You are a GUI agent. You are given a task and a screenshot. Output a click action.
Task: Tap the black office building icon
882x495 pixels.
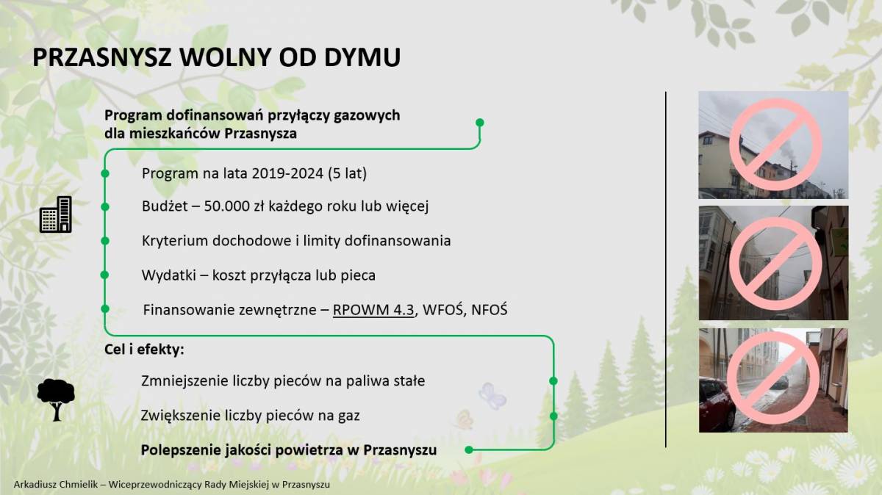56,214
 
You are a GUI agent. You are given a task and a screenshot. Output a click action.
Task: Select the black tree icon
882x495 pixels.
56,400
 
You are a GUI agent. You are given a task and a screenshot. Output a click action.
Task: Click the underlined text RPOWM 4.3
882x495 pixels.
373,310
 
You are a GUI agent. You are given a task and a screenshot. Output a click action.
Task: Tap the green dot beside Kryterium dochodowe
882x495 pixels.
104,241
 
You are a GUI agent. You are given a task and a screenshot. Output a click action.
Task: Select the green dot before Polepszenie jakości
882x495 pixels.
469,449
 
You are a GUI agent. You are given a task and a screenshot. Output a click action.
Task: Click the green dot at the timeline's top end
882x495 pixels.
479,123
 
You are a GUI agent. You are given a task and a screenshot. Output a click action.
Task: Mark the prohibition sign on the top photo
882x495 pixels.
775,145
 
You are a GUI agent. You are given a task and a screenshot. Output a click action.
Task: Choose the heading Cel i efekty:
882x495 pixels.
144,350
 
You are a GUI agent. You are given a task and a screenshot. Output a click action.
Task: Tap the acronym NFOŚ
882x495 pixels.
490,310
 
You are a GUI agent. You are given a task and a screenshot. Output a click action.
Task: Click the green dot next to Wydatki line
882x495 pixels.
104,275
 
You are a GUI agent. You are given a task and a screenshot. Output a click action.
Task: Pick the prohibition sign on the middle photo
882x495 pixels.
775,263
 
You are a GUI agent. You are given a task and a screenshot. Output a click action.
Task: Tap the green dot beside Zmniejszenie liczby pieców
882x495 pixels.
553,381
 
